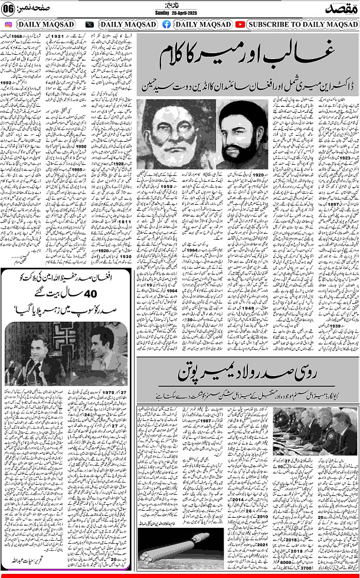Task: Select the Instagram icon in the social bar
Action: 9,25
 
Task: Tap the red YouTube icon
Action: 240,25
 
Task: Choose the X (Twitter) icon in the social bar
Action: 90,25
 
